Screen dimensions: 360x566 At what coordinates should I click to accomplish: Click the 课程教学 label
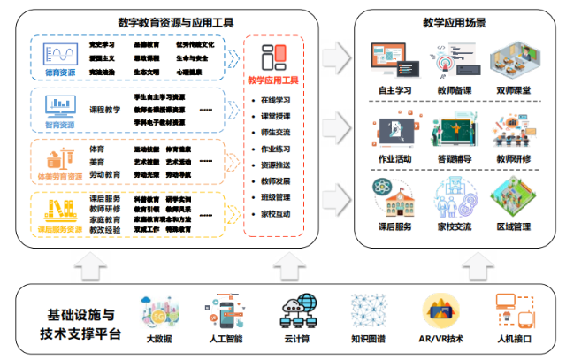tap(104, 110)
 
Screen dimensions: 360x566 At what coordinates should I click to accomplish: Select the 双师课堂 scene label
tap(514, 90)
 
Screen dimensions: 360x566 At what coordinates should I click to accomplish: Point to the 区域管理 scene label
tap(514, 227)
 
